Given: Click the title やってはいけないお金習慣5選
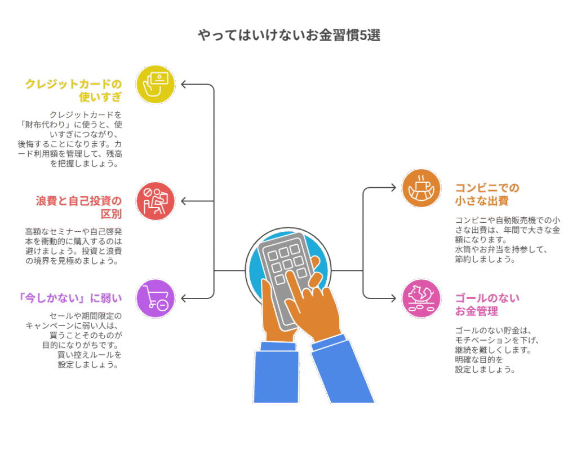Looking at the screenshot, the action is point(289,36).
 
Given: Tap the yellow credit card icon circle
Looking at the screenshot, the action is point(156,85).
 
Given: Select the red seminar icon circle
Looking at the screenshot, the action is point(156,201).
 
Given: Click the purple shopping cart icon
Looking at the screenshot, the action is point(156,298).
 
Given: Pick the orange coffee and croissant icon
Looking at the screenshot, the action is point(421,188).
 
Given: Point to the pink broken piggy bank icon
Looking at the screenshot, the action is point(421,298).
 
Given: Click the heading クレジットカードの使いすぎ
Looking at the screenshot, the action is point(74,90).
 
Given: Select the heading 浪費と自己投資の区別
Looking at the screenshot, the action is point(79,208).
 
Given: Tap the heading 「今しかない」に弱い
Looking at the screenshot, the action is point(70,298).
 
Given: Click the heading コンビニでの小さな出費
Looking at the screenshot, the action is point(487,195).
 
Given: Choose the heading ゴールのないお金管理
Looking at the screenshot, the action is point(487,305).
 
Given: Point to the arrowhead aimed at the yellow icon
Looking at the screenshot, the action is point(185,85).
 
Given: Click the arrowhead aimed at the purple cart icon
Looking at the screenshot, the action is point(185,298).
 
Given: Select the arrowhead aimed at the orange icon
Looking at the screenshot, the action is point(392,188).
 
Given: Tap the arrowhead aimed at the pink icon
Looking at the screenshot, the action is point(392,298).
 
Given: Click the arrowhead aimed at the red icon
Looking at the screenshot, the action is point(185,201).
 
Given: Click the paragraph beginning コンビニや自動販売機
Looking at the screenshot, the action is point(508,240).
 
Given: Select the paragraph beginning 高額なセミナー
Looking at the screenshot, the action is point(74,246).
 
